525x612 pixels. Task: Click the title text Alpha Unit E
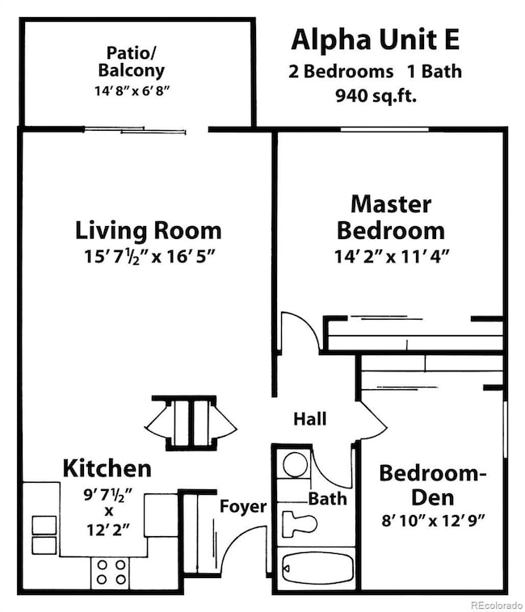376,39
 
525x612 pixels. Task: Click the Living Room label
148,230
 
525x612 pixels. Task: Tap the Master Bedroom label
390,216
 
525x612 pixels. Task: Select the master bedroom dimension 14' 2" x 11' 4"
392,258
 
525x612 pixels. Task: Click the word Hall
309,419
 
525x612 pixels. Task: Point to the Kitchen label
107,467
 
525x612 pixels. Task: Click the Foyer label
243,506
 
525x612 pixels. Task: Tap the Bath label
327,498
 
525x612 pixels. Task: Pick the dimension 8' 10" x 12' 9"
433,521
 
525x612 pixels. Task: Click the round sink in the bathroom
296,464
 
